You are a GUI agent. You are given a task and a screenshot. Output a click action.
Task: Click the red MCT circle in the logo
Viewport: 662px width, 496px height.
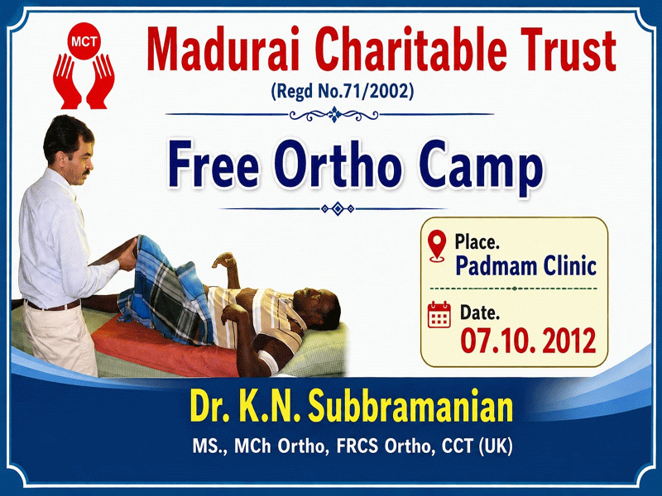84,41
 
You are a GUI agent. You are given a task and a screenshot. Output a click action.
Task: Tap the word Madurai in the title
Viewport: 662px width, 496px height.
223,49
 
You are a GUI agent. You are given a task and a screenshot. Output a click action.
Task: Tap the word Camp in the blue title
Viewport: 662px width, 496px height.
481,168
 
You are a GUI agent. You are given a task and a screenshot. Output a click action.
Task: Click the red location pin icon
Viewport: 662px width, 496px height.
437,246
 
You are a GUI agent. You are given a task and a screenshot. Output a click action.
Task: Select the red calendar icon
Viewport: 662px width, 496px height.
439,315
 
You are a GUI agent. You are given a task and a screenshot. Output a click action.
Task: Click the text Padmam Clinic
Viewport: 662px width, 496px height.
525,265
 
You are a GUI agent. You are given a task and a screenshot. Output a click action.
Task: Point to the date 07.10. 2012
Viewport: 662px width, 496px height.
528,341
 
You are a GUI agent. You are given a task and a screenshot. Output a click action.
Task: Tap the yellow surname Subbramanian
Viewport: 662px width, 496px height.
410,407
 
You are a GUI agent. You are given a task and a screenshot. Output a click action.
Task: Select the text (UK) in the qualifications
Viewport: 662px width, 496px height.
496,446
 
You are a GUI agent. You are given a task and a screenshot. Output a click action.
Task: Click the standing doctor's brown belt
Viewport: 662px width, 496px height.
52,305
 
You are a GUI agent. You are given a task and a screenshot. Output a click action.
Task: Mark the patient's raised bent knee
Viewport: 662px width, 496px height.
146,245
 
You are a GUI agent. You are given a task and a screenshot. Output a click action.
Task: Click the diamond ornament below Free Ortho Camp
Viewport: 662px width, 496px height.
338,208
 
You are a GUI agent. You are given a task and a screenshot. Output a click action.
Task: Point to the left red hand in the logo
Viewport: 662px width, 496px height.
67,82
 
